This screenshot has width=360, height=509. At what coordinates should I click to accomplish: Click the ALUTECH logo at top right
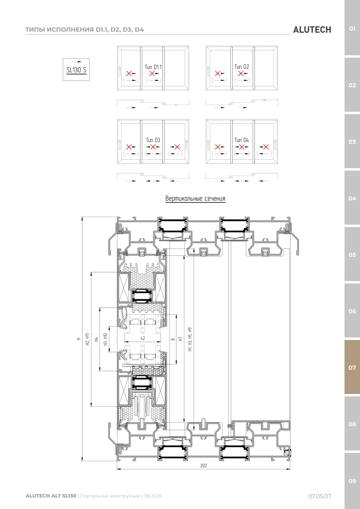click(312, 30)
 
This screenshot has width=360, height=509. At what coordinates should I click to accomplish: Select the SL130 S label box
click(76, 69)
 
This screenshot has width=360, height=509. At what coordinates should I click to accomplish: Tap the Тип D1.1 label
click(153, 67)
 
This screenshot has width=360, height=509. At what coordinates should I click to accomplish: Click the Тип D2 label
click(242, 67)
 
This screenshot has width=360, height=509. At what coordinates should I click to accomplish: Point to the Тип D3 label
click(153, 140)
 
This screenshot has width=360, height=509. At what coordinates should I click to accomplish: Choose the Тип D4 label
click(242, 140)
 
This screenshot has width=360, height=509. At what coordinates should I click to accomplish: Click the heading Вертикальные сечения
click(195, 199)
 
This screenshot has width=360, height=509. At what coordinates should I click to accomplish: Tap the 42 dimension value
click(143, 338)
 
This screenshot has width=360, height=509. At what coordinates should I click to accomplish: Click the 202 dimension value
click(203, 465)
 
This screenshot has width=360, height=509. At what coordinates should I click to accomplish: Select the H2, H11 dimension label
click(87, 339)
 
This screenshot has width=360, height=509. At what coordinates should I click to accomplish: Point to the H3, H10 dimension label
click(105, 339)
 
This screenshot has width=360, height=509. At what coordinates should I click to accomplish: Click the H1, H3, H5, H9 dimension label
click(190, 339)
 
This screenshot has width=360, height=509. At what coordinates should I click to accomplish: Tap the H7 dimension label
click(181, 339)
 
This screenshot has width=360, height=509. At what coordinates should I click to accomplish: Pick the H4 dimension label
click(96, 339)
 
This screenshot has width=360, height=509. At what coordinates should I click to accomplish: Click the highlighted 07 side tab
click(352, 367)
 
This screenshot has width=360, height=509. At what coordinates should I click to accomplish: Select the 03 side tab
click(352, 142)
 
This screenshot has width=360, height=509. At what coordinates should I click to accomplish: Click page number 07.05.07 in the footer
click(320, 496)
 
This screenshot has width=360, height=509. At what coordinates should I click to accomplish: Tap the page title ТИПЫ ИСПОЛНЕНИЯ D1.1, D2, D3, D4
click(85, 29)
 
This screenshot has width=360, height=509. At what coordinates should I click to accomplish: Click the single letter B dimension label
click(173, 339)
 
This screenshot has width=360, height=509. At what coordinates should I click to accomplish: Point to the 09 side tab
click(352, 481)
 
